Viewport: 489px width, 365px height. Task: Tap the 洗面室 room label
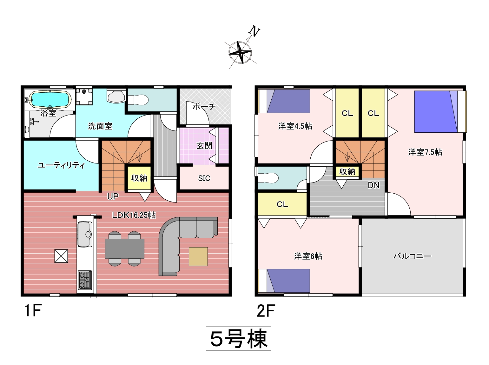coord(100,126)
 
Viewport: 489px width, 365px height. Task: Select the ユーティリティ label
coord(61,165)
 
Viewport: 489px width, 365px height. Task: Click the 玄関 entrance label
coord(204,146)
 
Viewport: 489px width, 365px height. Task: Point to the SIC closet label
coord(204,178)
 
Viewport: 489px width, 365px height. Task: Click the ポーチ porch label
coord(204,107)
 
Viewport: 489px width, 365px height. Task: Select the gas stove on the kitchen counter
coord(85,280)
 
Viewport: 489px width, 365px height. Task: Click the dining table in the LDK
coord(124,249)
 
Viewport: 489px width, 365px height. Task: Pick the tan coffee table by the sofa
coord(198,256)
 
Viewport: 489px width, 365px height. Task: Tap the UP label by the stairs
coord(113,196)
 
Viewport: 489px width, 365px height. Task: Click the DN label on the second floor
coord(373,185)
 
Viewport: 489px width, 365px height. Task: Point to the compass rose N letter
coord(254,32)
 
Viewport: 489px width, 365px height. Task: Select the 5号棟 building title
coord(239,339)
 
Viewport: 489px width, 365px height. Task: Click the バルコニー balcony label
coord(412,256)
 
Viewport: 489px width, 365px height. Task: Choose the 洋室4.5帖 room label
coord(295,126)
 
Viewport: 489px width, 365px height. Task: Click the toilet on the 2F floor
coord(268,178)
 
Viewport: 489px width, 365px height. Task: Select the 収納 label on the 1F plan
coord(139,178)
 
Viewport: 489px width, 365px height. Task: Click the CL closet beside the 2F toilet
coord(282,204)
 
